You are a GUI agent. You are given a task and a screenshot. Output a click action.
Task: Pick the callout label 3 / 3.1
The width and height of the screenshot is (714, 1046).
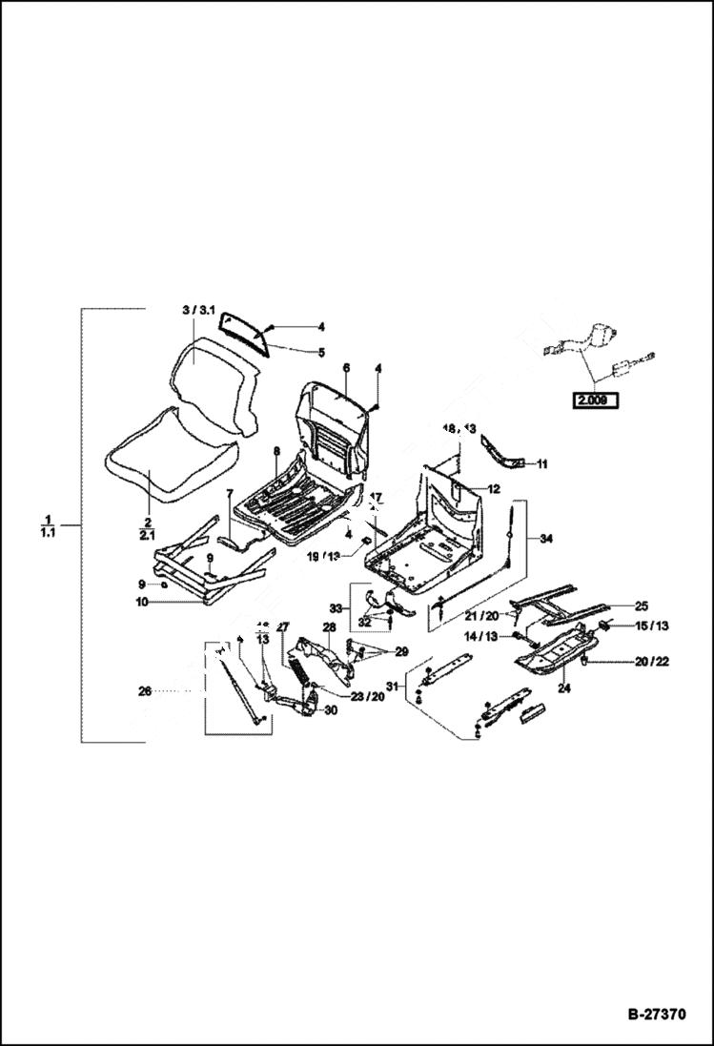click(x=198, y=311)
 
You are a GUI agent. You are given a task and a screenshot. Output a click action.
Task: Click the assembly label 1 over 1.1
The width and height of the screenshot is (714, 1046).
click(x=47, y=524)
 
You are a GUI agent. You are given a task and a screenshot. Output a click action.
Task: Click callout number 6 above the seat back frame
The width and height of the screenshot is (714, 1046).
click(x=345, y=367)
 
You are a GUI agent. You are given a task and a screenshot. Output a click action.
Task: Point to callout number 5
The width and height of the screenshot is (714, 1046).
click(x=321, y=352)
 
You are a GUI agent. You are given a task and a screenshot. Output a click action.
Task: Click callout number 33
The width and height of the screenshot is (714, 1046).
click(x=335, y=607)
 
